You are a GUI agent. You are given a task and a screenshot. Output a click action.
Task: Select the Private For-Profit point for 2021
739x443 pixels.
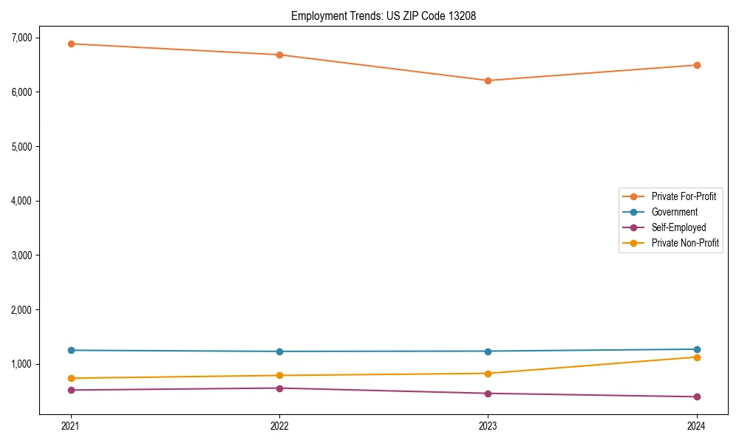(71, 44)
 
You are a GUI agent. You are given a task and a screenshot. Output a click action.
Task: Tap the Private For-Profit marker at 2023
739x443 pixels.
(488, 80)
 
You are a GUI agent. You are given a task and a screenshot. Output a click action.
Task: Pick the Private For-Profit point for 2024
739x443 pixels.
(696, 65)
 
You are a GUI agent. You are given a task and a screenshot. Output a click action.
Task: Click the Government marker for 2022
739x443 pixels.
(279, 351)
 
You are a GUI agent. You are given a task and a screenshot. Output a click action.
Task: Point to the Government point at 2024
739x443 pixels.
(696, 349)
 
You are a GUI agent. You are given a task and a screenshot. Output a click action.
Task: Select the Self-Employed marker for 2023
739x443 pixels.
(488, 394)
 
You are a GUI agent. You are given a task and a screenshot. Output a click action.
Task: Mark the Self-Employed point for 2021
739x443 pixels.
(71, 390)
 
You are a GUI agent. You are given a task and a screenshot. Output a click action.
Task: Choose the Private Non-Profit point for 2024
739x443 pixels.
(696, 357)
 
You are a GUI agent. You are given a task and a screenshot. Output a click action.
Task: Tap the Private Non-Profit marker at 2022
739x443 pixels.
(279, 375)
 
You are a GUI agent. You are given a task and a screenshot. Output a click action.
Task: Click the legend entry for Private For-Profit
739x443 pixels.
(683, 196)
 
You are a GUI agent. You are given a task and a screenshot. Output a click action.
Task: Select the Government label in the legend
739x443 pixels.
(674, 212)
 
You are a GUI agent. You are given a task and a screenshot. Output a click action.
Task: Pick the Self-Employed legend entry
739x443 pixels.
(678, 227)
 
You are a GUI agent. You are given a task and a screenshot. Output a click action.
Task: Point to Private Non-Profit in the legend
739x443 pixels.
(685, 243)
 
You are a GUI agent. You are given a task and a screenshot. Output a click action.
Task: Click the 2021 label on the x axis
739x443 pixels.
(71, 425)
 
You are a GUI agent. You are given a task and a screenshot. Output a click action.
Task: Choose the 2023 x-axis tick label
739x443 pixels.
(488, 425)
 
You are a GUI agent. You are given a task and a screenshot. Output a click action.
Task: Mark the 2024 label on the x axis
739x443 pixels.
(696, 425)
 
